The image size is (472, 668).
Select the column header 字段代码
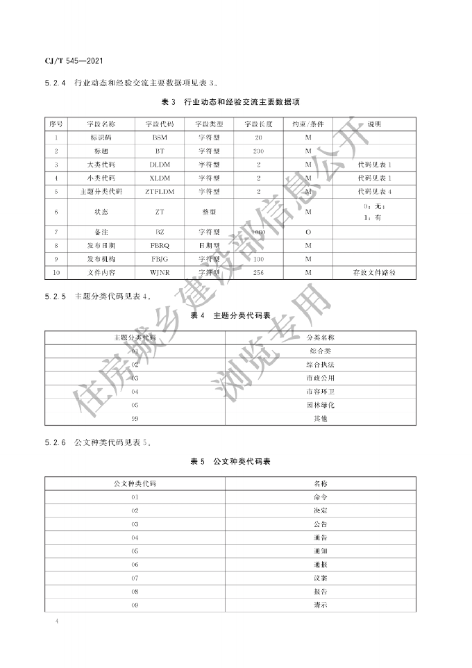click(x=160, y=124)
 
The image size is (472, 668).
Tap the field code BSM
click(x=160, y=137)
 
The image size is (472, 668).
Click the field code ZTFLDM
click(x=160, y=191)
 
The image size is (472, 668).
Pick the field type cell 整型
click(x=208, y=211)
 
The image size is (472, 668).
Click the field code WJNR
click(x=160, y=272)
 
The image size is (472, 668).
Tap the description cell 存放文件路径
click(x=374, y=272)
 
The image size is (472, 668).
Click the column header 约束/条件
click(x=308, y=124)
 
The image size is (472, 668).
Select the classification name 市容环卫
click(x=320, y=392)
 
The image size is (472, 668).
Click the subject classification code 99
click(x=135, y=418)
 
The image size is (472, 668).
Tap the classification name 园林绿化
click(x=320, y=405)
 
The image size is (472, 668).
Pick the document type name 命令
click(x=320, y=497)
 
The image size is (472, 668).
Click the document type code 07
click(x=135, y=578)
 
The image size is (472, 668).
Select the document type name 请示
click(x=320, y=605)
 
